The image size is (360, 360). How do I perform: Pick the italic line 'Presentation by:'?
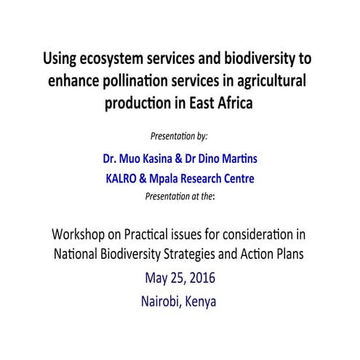click(179, 135)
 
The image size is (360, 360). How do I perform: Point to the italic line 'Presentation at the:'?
click(180, 195)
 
